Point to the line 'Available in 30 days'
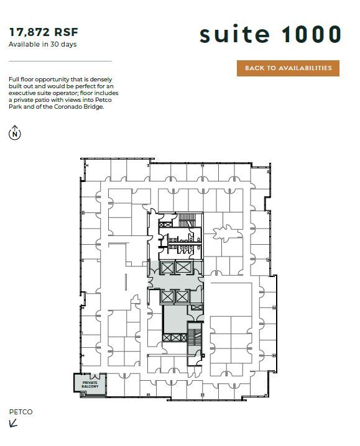[42, 44]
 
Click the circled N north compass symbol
[15, 132]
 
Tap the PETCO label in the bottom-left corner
[21, 412]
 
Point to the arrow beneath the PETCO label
[14, 424]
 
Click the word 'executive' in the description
[23, 93]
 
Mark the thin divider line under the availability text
[60, 61]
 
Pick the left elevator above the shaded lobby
[167, 268]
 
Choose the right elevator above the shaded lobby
[183, 268]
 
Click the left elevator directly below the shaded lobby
[167, 297]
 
